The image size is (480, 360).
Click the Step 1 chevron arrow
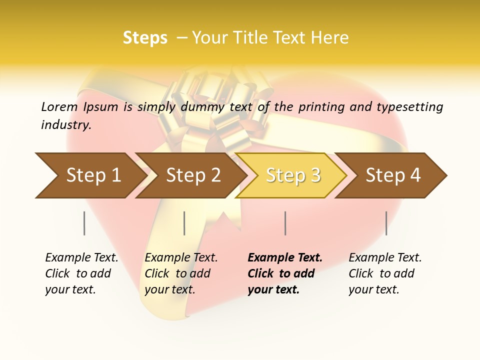pyautogui.click(x=90, y=175)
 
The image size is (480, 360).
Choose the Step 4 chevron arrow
pyautogui.click(x=392, y=175)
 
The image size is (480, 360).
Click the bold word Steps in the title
pyautogui.click(x=145, y=38)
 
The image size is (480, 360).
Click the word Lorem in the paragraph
pyautogui.click(x=59, y=106)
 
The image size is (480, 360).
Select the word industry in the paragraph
pyautogui.click(x=65, y=124)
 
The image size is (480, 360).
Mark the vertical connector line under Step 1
pyautogui.click(x=84, y=223)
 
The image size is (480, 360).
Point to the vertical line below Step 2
pyautogui.click(x=184, y=223)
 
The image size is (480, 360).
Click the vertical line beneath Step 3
pyautogui.click(x=285, y=223)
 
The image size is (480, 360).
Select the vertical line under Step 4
pyautogui.click(x=386, y=223)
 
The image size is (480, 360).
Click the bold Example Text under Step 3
pyautogui.click(x=285, y=257)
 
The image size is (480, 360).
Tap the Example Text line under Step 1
pyautogui.click(x=81, y=257)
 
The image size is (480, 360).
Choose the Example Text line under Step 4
pyautogui.click(x=385, y=257)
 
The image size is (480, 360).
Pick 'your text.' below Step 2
pyautogui.click(x=169, y=289)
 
